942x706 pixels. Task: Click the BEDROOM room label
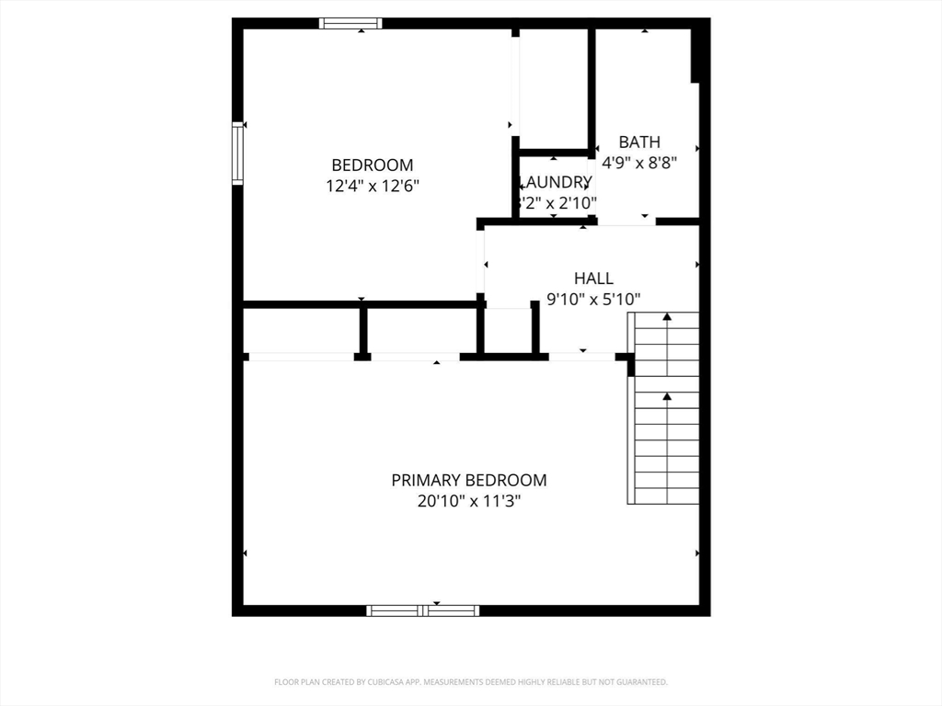click(x=372, y=165)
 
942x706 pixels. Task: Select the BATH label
click(x=638, y=142)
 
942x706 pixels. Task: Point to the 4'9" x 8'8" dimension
click(x=638, y=163)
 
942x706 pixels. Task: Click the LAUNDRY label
click(x=556, y=182)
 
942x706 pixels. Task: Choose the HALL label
click(x=593, y=279)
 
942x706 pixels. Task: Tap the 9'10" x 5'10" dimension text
click(x=593, y=299)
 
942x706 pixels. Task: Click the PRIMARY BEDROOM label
click(x=468, y=480)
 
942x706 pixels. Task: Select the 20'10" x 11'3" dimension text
click(x=468, y=501)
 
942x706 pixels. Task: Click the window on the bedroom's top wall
click(x=350, y=24)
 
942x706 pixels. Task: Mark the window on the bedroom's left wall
click(x=237, y=154)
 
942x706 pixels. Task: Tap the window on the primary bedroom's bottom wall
click(x=422, y=609)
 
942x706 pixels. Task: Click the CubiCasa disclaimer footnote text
click(x=470, y=682)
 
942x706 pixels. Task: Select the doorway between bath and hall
click(x=626, y=222)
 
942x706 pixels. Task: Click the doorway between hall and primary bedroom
click(x=581, y=357)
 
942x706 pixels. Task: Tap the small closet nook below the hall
click(x=508, y=331)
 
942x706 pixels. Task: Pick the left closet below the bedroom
click(x=301, y=331)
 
